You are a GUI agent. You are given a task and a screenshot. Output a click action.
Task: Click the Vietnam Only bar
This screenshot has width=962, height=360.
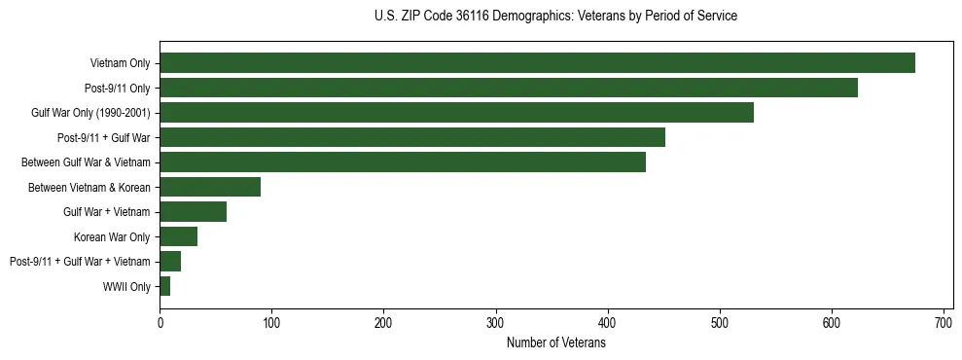click(537, 63)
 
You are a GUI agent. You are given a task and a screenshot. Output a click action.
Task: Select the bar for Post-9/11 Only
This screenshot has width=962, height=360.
click(509, 88)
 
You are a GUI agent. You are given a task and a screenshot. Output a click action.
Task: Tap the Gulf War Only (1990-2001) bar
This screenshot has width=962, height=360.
click(456, 113)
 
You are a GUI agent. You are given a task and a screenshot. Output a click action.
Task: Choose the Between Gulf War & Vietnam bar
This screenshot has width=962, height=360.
click(403, 162)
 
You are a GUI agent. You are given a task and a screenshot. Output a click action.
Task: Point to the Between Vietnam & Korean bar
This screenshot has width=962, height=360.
click(210, 187)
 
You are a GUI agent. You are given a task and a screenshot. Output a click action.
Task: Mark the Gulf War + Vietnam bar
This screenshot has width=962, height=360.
click(193, 212)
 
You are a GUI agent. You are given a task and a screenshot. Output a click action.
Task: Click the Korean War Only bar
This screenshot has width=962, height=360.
click(179, 236)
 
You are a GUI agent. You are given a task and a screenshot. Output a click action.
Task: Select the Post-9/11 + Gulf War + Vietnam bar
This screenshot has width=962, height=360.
click(170, 262)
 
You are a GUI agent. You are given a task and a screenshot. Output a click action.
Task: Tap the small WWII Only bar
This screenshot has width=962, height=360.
click(165, 286)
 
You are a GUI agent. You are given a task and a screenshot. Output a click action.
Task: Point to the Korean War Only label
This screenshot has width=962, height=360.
click(112, 236)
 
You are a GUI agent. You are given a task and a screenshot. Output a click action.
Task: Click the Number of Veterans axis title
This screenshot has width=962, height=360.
click(555, 342)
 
